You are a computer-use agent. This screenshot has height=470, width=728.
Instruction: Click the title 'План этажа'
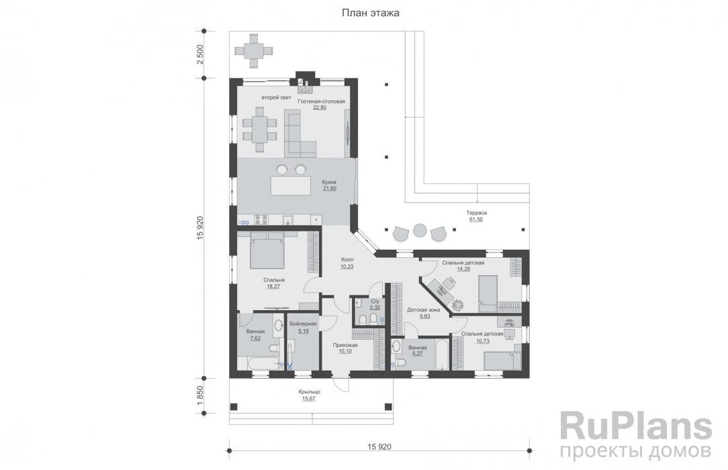point(371,13)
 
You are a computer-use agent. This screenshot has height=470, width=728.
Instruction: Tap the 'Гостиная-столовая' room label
point(321,101)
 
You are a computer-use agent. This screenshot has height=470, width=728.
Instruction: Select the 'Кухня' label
point(329,183)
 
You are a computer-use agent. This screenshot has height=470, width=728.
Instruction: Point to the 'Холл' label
point(347,260)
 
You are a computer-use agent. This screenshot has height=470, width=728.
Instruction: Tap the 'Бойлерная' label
point(303,324)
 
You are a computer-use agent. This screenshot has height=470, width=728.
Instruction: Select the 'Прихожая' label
point(345,345)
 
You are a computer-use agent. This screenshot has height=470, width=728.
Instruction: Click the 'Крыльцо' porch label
point(309,392)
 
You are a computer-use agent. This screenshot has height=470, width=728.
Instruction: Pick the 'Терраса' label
point(476,213)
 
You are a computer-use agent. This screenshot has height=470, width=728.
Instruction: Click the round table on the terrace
point(420,231)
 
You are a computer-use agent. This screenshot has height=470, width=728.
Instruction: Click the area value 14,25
point(463,269)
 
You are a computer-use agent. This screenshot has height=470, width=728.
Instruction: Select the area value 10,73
point(482,341)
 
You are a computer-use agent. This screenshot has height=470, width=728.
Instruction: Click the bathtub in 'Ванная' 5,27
point(442,355)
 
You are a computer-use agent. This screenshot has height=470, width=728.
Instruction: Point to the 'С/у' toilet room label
point(375,301)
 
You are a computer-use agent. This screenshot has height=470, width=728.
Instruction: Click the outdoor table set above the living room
point(253,50)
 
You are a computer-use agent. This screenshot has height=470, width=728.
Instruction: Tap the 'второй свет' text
point(276,97)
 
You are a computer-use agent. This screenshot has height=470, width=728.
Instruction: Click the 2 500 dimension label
point(200,55)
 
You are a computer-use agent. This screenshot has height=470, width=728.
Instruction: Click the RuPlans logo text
point(635,428)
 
